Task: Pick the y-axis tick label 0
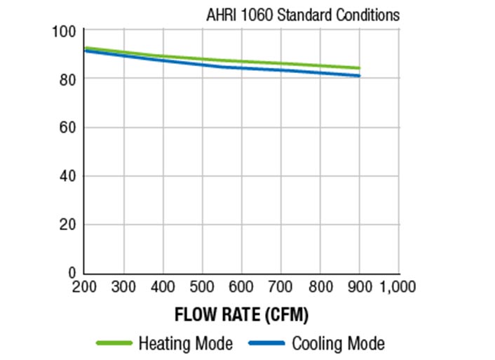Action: [73, 272]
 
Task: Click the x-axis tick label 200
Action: [85, 287]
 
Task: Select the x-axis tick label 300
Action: [124, 287]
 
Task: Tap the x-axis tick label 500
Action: [203, 287]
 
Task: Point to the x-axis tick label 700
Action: [281, 287]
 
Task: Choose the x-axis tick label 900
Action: [360, 287]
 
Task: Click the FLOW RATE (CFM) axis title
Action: [241, 314]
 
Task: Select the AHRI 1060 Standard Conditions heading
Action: [303, 15]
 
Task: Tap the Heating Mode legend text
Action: [185, 344]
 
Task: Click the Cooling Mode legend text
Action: [338, 344]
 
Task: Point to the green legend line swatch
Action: [114, 344]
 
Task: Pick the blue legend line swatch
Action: [266, 344]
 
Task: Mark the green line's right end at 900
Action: [360, 68]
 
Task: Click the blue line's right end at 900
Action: [360, 76]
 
